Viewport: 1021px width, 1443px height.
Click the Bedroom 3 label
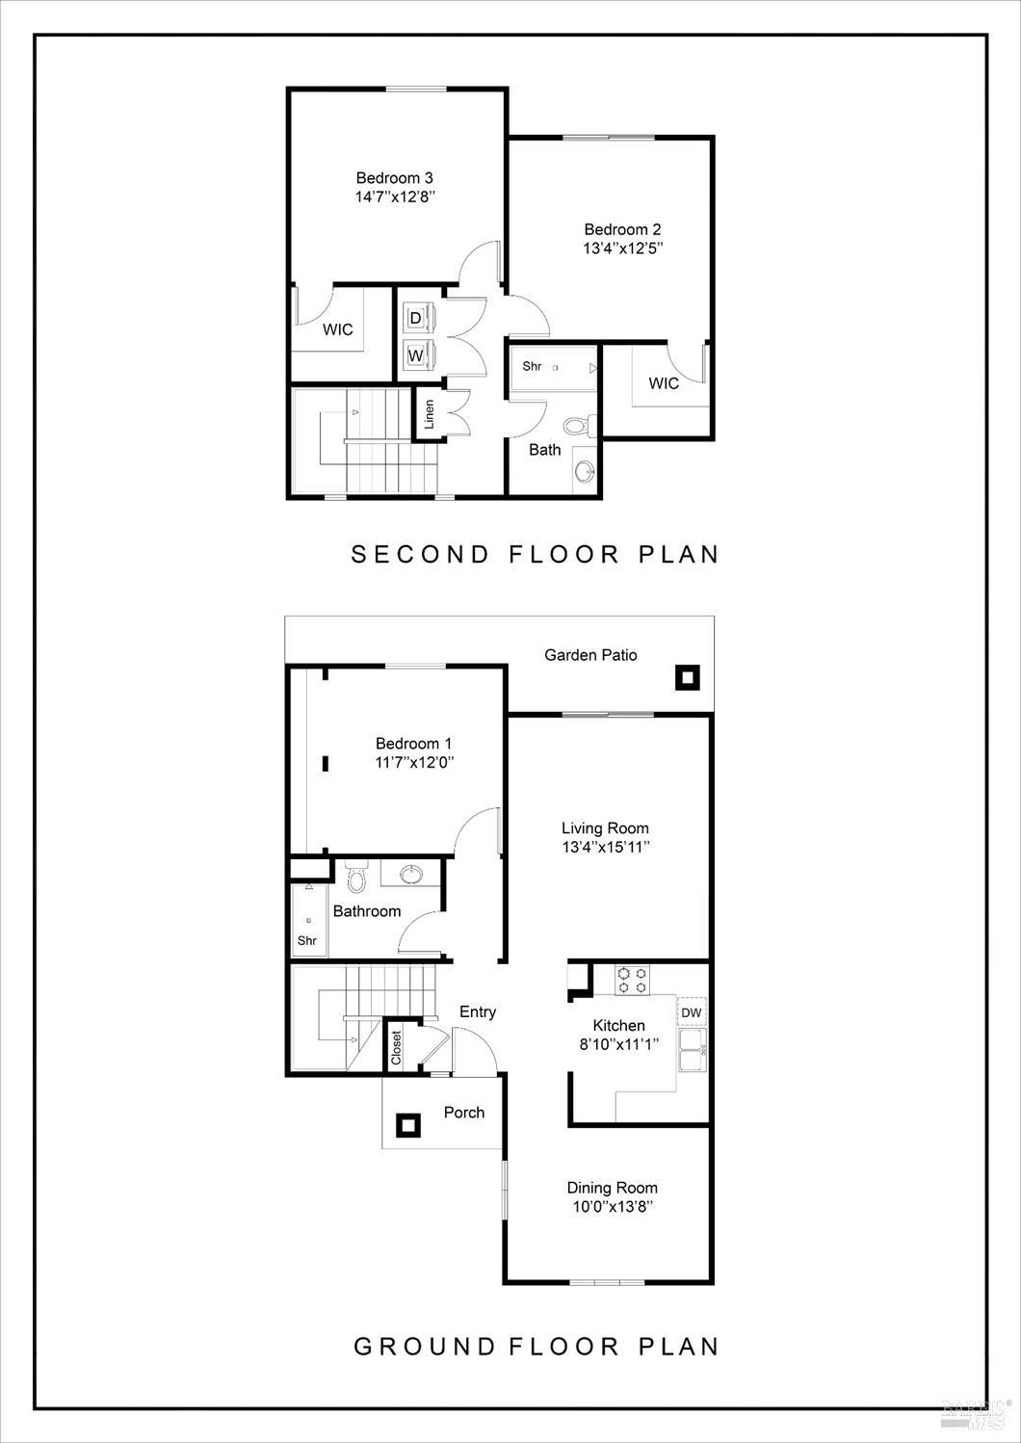394,177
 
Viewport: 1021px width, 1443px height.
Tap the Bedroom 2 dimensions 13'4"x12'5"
622,249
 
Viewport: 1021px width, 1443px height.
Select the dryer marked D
416,317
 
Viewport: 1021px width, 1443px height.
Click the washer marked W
416,355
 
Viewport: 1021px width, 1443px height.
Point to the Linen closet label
430,413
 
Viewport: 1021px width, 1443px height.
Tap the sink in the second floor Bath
584,471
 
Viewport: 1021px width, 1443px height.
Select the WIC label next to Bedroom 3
337,329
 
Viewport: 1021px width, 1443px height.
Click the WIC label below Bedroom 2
664,383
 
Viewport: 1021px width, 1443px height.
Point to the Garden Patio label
590,655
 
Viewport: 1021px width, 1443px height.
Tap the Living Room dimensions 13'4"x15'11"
605,848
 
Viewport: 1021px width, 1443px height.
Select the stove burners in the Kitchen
633,980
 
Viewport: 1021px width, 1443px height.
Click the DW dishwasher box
691,1012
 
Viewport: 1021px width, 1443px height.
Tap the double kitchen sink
692,1050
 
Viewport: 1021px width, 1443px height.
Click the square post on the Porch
408,1124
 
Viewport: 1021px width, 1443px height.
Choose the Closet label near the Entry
396,1048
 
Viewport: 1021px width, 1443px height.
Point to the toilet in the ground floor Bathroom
356,878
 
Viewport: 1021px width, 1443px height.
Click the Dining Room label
612,1188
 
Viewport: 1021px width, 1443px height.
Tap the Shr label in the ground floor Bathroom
307,940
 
